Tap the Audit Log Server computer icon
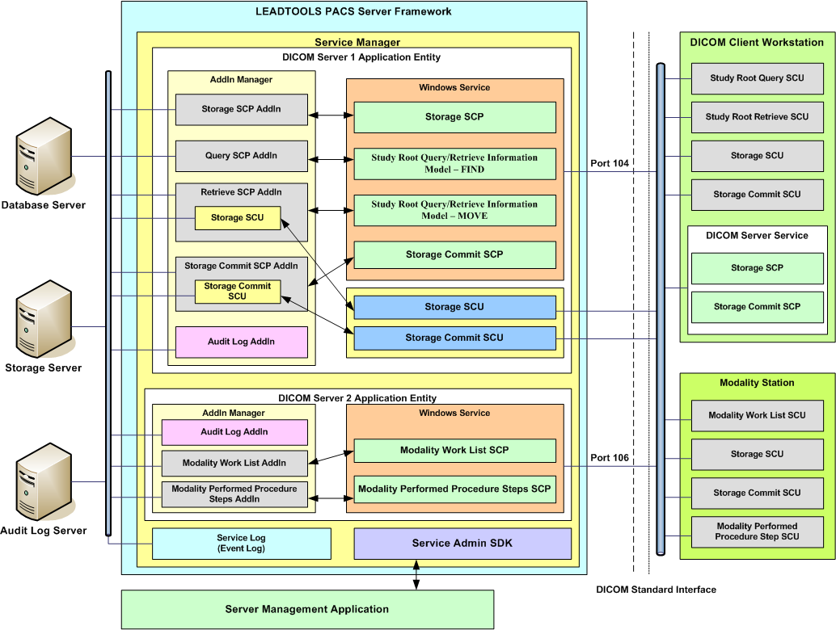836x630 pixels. click(x=43, y=483)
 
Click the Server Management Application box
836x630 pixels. click(x=306, y=609)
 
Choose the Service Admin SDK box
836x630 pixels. click(x=462, y=544)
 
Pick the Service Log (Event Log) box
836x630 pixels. click(x=241, y=544)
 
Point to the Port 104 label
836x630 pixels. click(x=610, y=163)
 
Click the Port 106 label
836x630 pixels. click(x=610, y=458)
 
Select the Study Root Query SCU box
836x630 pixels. click(x=757, y=78)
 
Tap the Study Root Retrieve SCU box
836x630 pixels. click(x=757, y=117)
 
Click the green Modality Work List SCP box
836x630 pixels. click(x=454, y=450)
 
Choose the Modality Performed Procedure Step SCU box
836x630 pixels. click(x=757, y=531)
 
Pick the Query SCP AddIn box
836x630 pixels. click(x=241, y=156)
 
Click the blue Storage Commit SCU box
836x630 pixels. click(x=454, y=338)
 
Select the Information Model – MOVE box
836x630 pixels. click(x=454, y=210)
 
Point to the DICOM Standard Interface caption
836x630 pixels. click(x=656, y=590)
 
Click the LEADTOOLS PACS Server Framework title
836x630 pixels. click(x=353, y=11)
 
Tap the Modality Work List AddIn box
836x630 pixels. click(x=234, y=464)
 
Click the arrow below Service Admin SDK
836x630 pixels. click(x=416, y=575)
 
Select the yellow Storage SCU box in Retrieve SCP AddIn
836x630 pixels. click(x=238, y=218)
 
